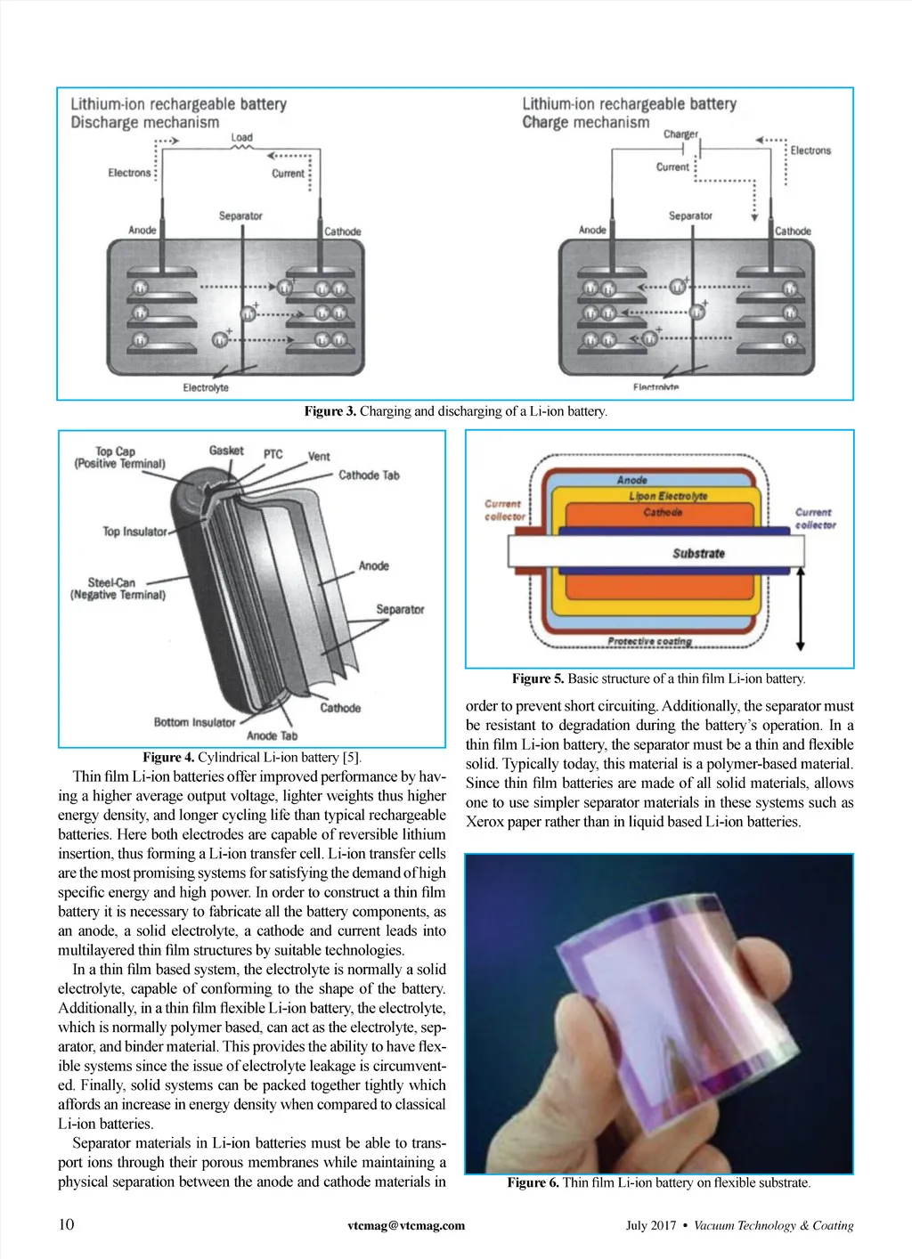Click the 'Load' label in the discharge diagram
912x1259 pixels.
click(x=242, y=137)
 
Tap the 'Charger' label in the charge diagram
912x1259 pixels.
click(x=680, y=134)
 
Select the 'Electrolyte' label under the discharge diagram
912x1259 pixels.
click(x=206, y=387)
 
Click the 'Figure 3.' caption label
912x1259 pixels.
click(x=330, y=411)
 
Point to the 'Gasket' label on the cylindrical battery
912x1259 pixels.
click(x=226, y=451)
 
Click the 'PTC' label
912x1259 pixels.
click(x=273, y=454)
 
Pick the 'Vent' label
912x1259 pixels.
click(x=319, y=456)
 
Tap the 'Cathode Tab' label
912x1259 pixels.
click(x=369, y=475)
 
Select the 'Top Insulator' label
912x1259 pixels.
click(x=134, y=532)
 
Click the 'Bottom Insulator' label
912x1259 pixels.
click(x=194, y=722)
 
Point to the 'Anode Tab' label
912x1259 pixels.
click(x=272, y=735)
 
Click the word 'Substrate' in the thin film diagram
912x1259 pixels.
click(x=698, y=553)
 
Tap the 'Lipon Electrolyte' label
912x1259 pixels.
click(x=668, y=496)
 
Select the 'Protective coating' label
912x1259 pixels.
click(x=649, y=641)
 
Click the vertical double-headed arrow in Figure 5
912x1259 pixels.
click(x=801, y=610)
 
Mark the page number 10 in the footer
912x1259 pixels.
click(x=66, y=1224)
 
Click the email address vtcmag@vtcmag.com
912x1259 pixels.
click(x=406, y=1225)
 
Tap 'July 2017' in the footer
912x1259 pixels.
click(x=650, y=1225)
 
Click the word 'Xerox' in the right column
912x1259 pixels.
click(x=484, y=822)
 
